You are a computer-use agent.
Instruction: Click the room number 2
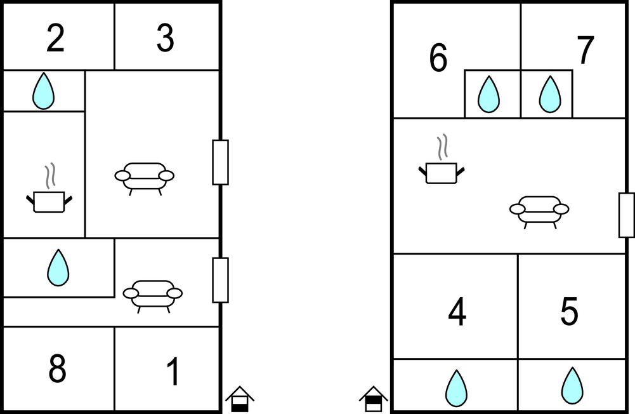(x=55, y=38)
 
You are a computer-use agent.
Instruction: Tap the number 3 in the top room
(x=165, y=38)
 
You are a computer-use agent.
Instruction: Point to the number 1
(x=173, y=371)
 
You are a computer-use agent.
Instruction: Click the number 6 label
(x=438, y=58)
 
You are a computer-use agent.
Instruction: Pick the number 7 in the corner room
(x=586, y=50)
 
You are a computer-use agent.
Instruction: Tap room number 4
(x=457, y=312)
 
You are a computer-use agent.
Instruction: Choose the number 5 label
(x=569, y=311)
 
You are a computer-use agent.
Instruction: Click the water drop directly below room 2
(x=43, y=91)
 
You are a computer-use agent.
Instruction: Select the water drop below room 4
(x=456, y=388)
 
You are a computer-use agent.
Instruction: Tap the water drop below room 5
(x=572, y=385)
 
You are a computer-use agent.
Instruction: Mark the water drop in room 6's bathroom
(x=489, y=94)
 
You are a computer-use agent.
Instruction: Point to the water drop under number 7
(x=550, y=94)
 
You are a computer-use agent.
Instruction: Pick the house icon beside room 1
(x=240, y=399)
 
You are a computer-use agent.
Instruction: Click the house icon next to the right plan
(x=374, y=399)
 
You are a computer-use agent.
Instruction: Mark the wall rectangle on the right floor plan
(x=627, y=215)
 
